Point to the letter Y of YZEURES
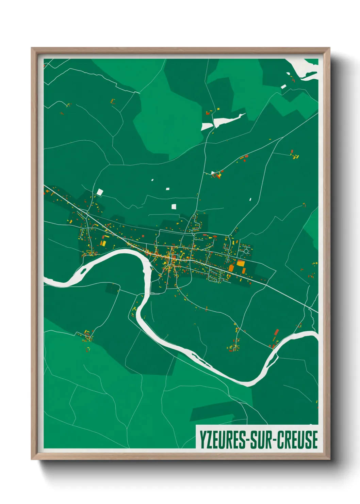click(202, 440)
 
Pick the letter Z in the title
click(209, 440)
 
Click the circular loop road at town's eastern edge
click(246, 251)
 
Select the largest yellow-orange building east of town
click(241, 263)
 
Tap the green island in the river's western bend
click(83, 271)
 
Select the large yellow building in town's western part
click(103, 243)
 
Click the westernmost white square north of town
click(99, 192)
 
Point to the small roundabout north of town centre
click(193, 234)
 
